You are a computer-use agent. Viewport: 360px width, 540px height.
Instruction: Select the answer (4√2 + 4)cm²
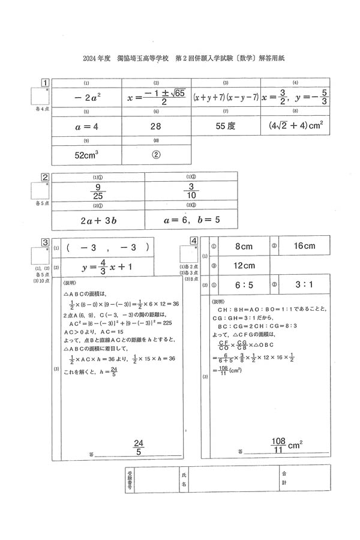point(296,127)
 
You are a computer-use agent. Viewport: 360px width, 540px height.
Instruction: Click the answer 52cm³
point(87,154)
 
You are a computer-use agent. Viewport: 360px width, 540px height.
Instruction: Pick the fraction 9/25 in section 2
point(98,191)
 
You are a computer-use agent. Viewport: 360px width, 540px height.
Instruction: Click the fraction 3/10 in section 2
point(191,191)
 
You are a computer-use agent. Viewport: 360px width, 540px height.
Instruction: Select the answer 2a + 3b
point(98,220)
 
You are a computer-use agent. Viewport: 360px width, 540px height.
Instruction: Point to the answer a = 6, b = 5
point(191,220)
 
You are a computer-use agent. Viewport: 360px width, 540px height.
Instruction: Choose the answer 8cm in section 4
point(244,246)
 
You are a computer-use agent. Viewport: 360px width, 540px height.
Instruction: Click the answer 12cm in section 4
point(244,265)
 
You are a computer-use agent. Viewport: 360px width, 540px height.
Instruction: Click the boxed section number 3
point(45,242)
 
